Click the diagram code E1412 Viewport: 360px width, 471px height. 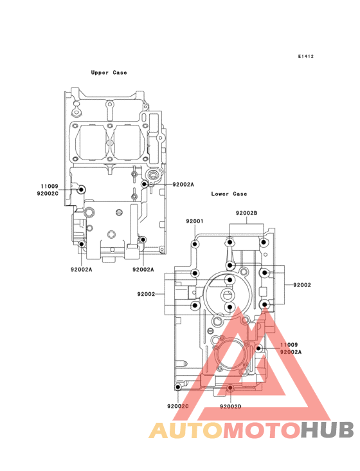click(306, 56)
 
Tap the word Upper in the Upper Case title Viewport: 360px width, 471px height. click(100, 73)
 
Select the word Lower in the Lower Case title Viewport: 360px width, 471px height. click(220, 194)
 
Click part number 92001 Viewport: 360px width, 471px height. click(195, 221)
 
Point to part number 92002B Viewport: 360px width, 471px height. click(247, 213)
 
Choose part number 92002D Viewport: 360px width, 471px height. click(231, 407)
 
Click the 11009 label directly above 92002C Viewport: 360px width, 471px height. click(50, 186)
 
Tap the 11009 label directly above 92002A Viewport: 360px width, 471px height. click(289, 345)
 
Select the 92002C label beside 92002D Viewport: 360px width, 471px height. click(178, 406)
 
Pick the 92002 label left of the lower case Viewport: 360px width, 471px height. click(146, 294)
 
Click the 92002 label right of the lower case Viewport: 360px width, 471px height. click(302, 285)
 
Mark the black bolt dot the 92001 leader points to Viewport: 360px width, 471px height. click(195, 244)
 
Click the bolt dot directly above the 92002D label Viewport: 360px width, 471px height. click(230, 388)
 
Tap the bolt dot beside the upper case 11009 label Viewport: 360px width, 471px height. click(81, 190)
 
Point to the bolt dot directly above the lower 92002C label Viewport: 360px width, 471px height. click(178, 387)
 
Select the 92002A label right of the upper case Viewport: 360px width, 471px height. click(183, 185)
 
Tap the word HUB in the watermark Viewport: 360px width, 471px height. click(328, 430)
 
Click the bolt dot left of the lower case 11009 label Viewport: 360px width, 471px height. click(258, 348)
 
